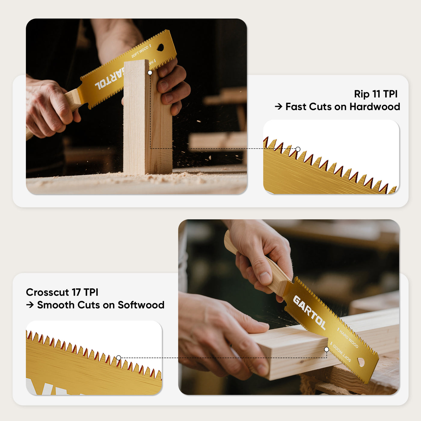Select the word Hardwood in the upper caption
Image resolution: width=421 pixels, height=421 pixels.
click(375, 107)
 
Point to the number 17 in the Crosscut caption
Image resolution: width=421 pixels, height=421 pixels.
click(76, 292)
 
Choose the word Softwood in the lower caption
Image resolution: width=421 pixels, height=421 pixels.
click(141, 305)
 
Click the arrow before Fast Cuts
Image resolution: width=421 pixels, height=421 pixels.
click(278, 107)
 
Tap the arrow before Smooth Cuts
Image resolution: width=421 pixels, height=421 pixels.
click(30, 305)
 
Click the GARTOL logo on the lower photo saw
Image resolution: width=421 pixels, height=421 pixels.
click(309, 313)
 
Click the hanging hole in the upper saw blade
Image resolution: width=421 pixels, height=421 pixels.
click(161, 47)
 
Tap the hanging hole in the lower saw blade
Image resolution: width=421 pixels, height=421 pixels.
click(361, 362)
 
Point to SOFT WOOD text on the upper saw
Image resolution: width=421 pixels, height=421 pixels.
click(140, 51)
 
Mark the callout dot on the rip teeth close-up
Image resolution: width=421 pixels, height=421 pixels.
click(298, 149)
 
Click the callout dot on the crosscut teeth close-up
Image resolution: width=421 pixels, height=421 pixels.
click(118, 358)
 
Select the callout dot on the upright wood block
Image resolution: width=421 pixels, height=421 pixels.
click(150, 72)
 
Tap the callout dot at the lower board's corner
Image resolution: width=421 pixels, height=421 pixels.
click(327, 349)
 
